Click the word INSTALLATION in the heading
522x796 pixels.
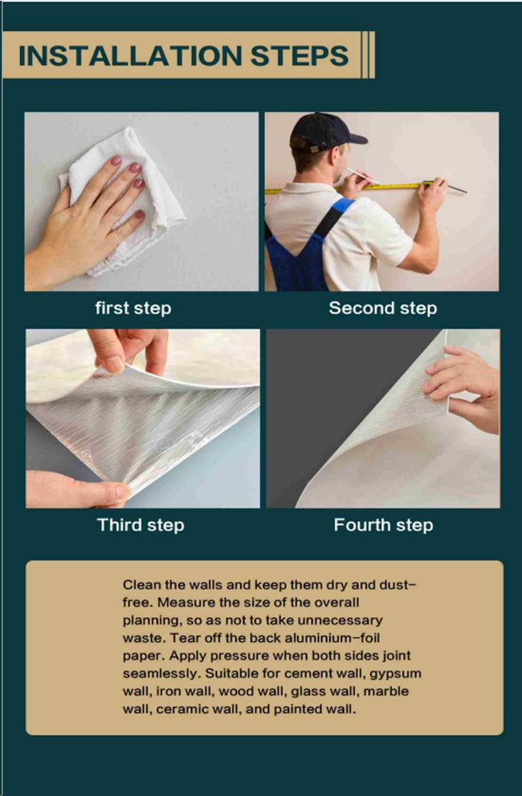coord(130,56)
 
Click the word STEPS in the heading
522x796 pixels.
coord(299,56)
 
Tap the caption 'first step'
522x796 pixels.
coord(133,308)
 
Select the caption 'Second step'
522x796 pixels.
coord(383,308)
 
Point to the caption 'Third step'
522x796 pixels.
coord(141,525)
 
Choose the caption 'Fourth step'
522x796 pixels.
coord(383,525)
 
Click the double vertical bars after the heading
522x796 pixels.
coord(368,55)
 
